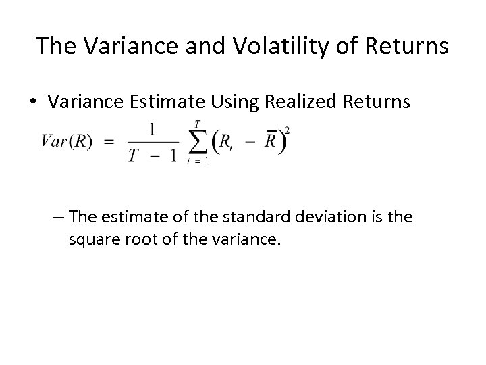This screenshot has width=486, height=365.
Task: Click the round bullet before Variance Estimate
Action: [32, 102]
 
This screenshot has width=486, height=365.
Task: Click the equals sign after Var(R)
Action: [109, 140]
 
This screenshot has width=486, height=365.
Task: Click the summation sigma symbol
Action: [196, 142]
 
